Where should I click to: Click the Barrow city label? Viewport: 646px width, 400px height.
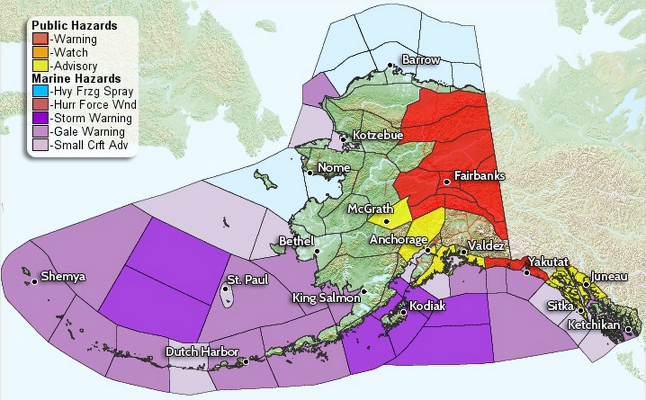click(x=421, y=60)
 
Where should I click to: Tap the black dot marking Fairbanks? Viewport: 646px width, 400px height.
click(x=447, y=182)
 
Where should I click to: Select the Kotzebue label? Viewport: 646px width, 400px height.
click(x=377, y=135)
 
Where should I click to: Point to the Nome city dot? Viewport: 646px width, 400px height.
click(x=310, y=173)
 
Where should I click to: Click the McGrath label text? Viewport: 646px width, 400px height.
click(x=370, y=209)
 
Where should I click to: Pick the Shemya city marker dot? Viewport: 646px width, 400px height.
click(x=35, y=282)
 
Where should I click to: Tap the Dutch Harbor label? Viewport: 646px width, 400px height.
click(x=202, y=351)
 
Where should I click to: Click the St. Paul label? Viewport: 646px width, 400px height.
click(x=247, y=280)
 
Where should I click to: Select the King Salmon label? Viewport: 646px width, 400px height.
click(x=326, y=298)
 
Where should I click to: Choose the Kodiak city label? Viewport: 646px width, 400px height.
click(x=427, y=306)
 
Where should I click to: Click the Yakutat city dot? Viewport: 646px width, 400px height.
click(x=527, y=273)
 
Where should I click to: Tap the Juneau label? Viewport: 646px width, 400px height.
click(x=609, y=276)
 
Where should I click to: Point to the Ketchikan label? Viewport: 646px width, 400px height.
click(x=593, y=324)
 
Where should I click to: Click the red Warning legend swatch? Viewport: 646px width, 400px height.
click(x=40, y=39)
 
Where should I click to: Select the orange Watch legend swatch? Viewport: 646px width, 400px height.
click(x=40, y=52)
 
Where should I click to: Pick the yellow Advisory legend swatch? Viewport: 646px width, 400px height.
click(x=40, y=66)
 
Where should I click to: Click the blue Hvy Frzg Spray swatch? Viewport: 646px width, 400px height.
click(x=40, y=91)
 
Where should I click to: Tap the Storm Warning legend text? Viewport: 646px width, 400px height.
click(x=93, y=118)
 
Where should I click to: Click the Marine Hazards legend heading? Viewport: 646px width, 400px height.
click(x=76, y=79)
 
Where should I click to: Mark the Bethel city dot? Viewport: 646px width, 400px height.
click(x=317, y=251)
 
